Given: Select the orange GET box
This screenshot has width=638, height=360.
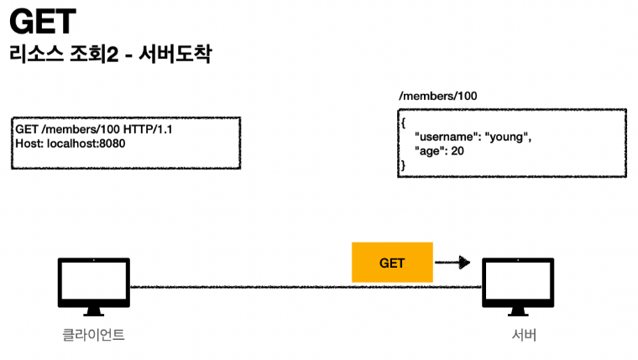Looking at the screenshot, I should (392, 263).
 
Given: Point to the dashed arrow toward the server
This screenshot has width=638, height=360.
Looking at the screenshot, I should (452, 263).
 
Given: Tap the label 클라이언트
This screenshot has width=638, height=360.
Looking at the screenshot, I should (94, 336).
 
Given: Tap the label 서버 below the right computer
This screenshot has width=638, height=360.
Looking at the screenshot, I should (523, 336).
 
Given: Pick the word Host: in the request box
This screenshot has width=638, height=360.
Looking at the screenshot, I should (29, 143).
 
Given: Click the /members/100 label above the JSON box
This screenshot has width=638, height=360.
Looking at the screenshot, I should (438, 97).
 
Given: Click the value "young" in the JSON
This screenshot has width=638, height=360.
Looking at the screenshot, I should (509, 136).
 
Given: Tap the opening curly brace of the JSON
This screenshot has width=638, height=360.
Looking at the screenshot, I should (404, 123).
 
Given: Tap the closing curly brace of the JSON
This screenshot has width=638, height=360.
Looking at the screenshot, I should (404, 165).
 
